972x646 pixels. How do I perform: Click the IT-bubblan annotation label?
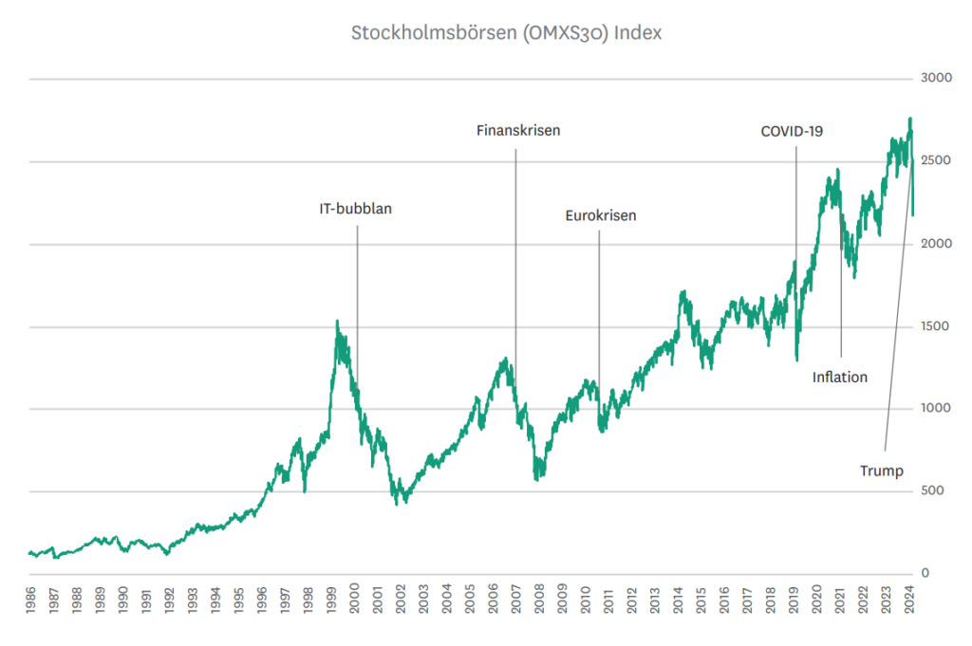355,210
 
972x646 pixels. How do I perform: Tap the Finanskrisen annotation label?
518,131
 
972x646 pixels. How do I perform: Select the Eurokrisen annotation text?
601,215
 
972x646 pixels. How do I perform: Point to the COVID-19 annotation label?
792,131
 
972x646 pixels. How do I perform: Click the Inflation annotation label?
840,377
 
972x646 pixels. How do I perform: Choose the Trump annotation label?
882,470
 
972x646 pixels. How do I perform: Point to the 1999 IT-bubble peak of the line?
337,323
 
